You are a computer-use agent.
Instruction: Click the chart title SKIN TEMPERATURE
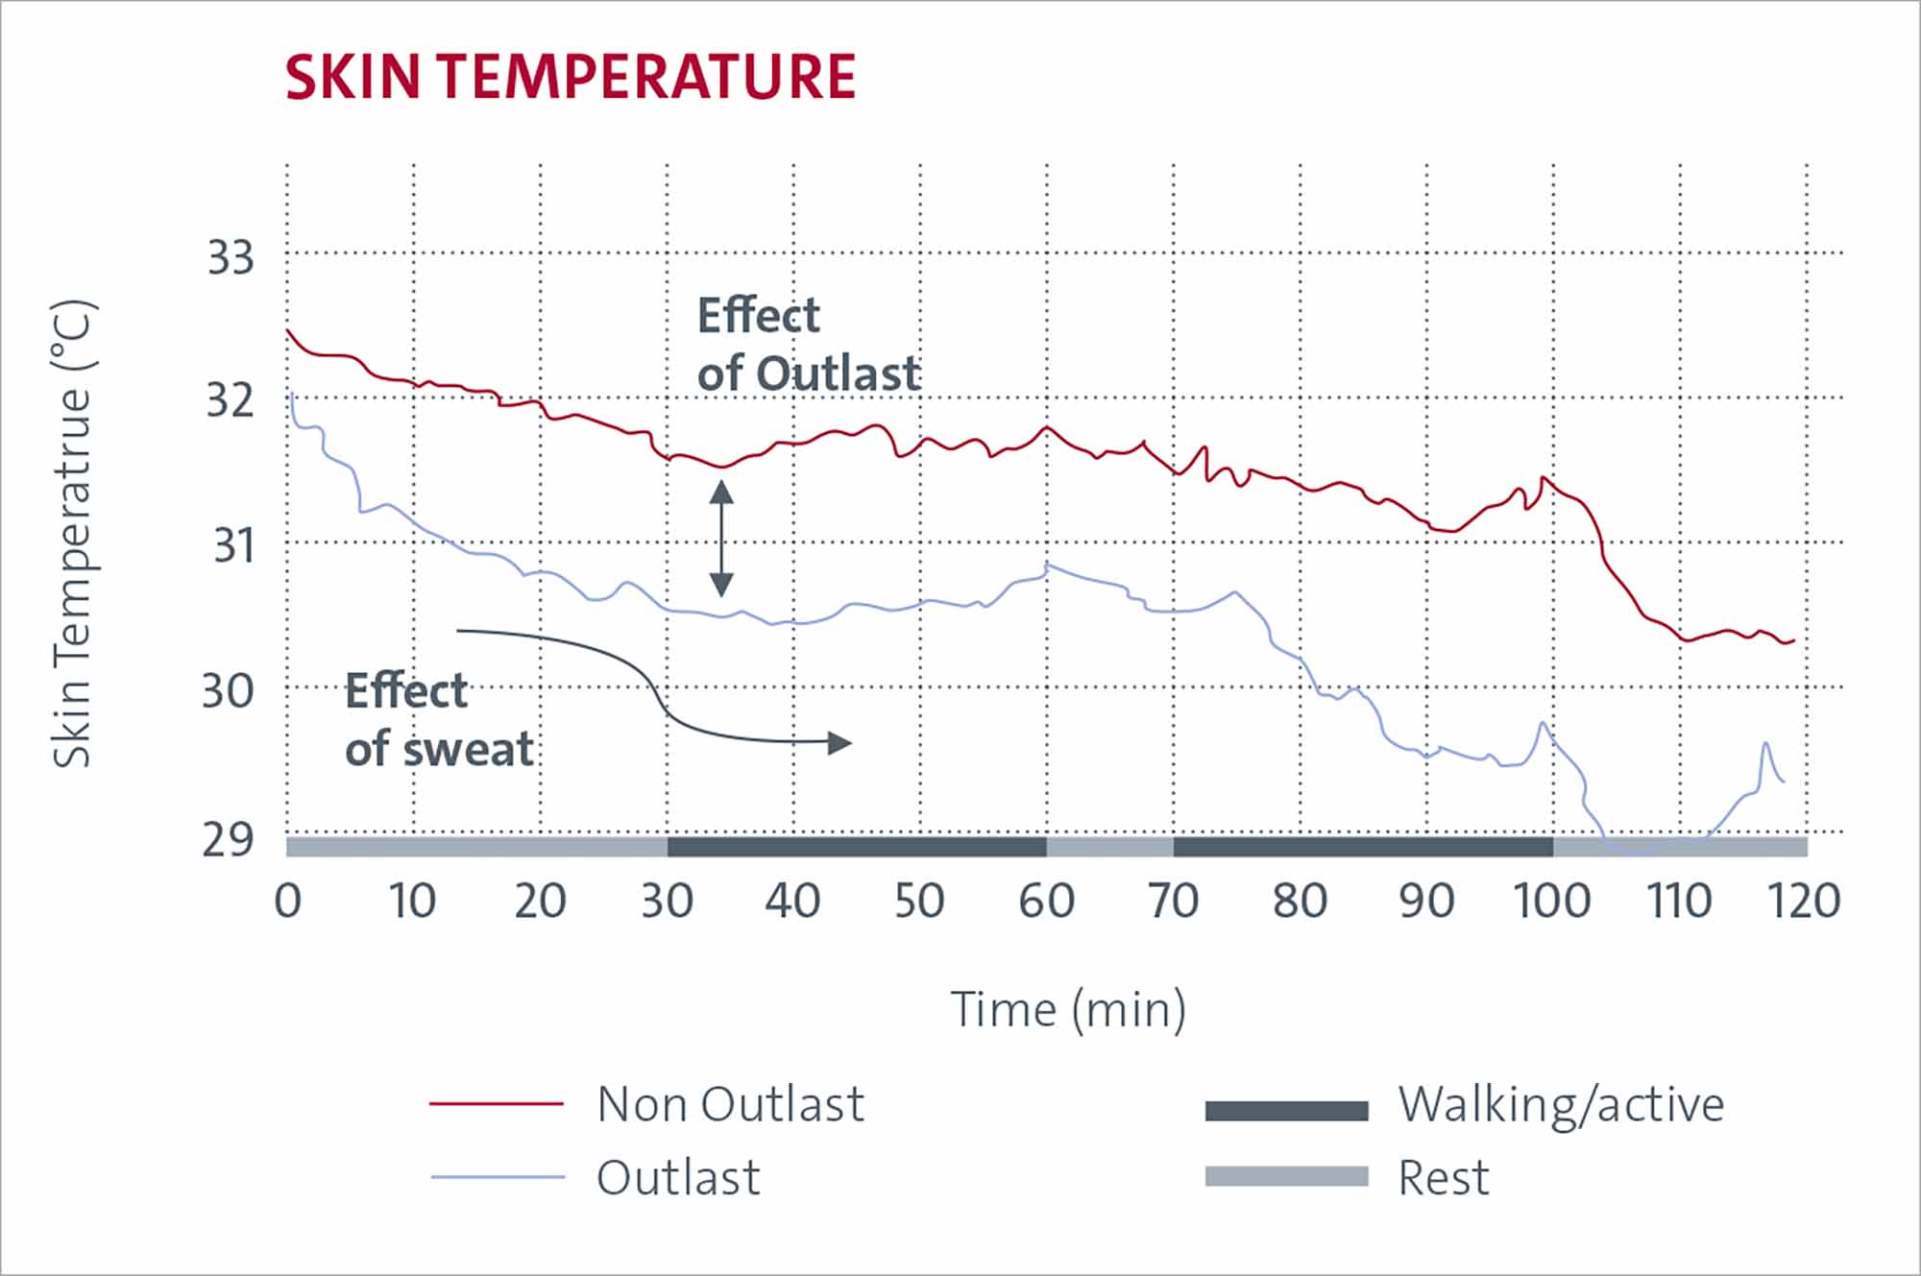click(x=570, y=77)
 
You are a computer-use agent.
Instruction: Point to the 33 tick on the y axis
click(x=231, y=258)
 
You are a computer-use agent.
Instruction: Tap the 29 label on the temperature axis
click(x=228, y=840)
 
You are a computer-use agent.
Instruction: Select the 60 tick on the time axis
click(x=1046, y=901)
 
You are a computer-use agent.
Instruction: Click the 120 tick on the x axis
click(x=1804, y=901)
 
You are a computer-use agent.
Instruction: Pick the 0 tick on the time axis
click(x=287, y=901)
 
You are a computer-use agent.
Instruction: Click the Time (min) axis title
click(x=1068, y=1010)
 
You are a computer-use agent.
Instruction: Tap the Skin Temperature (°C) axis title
click(x=73, y=534)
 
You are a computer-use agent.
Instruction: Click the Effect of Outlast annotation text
click(x=808, y=344)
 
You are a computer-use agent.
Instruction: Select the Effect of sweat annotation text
click(x=438, y=720)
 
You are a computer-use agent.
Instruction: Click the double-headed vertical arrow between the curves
click(x=721, y=539)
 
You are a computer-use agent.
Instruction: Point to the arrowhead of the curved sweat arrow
click(x=839, y=742)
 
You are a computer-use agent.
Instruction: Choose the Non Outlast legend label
click(x=730, y=1104)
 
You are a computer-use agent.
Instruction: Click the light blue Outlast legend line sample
click(x=497, y=1177)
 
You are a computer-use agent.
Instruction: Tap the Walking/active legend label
click(x=1561, y=1104)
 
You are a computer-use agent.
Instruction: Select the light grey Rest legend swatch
click(x=1286, y=1177)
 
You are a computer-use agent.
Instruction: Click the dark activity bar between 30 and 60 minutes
click(x=857, y=847)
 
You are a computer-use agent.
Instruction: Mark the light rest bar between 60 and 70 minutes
click(x=1109, y=847)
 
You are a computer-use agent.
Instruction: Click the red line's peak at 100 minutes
click(x=1544, y=477)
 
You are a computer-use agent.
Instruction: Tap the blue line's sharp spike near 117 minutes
click(x=1765, y=743)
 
